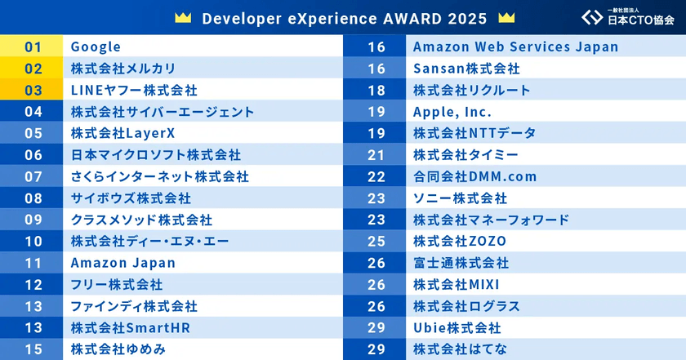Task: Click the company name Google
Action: [96, 47]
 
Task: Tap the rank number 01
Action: [33, 47]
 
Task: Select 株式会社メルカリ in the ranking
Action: [122, 69]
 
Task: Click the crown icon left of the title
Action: [183, 18]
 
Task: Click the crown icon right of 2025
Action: [506, 18]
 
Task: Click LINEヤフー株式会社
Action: [134, 91]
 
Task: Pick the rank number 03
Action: [33, 91]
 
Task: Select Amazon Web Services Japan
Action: [515, 47]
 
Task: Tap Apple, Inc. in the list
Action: [452, 112]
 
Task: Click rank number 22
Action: [376, 176]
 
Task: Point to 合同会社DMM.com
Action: [474, 176]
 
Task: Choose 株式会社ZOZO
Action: [460, 241]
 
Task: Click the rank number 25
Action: [376, 241]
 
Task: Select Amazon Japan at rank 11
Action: [122, 263]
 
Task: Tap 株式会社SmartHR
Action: [130, 327]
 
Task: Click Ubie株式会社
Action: [456, 327]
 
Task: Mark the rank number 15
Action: [33, 349]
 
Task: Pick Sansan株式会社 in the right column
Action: [466, 69]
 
